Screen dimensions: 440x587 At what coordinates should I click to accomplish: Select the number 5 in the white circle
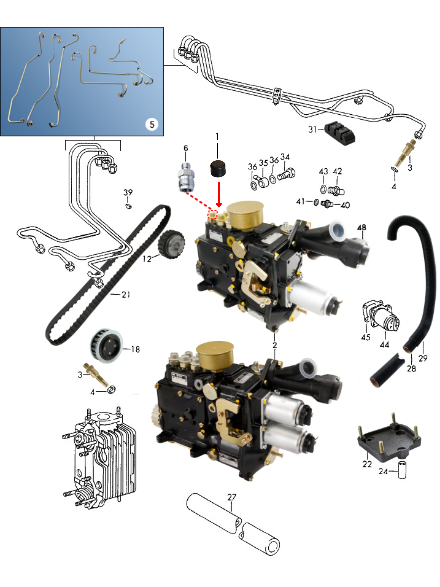point(152,124)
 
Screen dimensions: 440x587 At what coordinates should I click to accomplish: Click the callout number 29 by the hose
point(423,358)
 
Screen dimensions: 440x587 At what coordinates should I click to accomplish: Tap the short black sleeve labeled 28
point(387,370)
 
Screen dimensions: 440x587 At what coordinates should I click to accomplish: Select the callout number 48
point(361,227)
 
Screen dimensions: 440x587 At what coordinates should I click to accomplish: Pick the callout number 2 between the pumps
point(275,345)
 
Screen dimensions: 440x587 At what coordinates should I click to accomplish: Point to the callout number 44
point(384,345)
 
